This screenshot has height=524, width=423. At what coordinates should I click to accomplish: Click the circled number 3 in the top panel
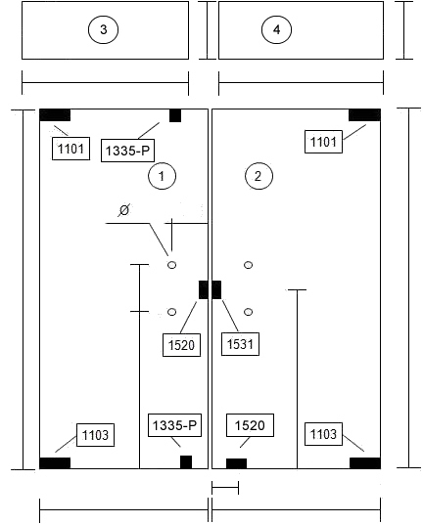[103, 29]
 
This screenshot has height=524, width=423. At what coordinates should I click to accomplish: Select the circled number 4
[276, 29]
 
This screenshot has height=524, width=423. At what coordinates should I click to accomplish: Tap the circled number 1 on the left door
[162, 176]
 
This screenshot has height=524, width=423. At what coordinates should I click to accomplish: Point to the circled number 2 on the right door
[258, 176]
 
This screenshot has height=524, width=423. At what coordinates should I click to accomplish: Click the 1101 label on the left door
[70, 149]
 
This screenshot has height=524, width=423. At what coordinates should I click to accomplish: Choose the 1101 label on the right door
[323, 142]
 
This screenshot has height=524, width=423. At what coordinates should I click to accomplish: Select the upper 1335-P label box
[127, 151]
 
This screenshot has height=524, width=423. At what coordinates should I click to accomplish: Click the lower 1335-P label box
[174, 425]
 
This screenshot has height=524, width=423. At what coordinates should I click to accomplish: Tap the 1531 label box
[240, 344]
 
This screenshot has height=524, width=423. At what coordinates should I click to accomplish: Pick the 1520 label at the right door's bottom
[250, 425]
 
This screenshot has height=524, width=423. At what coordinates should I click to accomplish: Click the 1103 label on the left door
[95, 435]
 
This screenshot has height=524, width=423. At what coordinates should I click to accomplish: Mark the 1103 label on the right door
[323, 434]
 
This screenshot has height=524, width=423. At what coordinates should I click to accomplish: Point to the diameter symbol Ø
[123, 210]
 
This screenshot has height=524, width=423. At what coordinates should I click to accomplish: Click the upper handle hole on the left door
[171, 265]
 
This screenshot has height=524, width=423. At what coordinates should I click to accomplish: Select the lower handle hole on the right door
[248, 312]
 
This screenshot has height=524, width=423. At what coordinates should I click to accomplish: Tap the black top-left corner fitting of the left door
[55, 115]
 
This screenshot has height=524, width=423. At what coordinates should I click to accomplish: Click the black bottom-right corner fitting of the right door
[365, 463]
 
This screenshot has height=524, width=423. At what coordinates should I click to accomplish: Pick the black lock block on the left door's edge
[204, 289]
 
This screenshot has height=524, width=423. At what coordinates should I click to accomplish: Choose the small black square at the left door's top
[175, 115]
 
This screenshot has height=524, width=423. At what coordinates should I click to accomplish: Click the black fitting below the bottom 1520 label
[236, 463]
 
